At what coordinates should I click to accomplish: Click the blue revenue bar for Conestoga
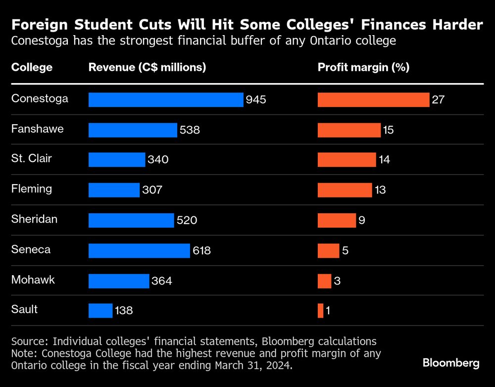[166, 99]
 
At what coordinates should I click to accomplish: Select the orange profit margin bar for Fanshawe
[349, 130]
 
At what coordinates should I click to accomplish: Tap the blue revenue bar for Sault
[100, 311]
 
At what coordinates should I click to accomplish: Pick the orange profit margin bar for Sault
[320, 311]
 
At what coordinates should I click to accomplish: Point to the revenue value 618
[201, 251]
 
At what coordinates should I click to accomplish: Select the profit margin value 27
[438, 100]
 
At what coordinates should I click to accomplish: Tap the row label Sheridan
[34, 219]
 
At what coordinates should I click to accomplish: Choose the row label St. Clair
[32, 158]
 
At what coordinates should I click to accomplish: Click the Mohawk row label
[33, 280]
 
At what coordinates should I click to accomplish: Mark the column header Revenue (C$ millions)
[147, 67]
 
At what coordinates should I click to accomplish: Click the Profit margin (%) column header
[363, 67]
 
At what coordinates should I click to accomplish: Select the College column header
[32, 67]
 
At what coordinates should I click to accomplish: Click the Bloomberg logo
[451, 363]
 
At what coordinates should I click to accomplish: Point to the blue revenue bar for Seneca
[139, 250]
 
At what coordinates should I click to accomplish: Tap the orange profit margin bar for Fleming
[345, 190]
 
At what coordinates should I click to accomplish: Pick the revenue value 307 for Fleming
[152, 190]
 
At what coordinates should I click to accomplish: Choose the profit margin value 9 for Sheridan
[362, 221]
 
